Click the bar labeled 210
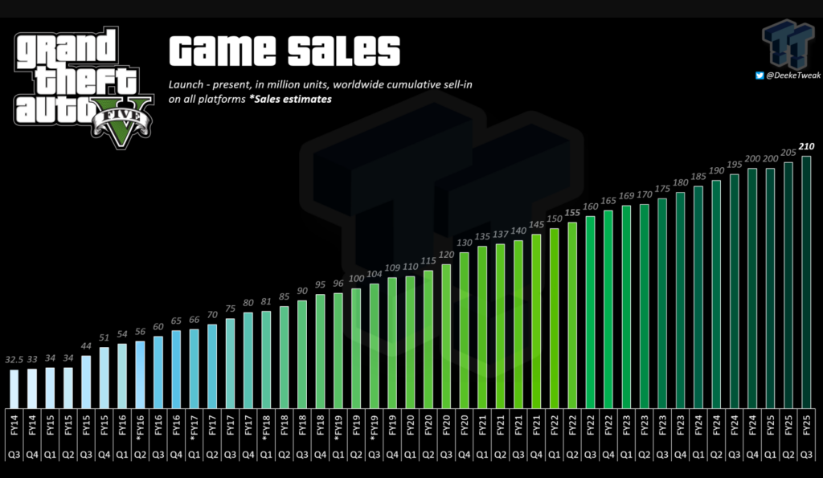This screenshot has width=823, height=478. click(806, 282)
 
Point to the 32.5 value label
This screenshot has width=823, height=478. click(14, 359)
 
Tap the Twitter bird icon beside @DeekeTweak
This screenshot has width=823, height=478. click(760, 76)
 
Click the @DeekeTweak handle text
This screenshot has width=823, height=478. click(793, 76)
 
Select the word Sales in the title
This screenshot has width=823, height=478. click(344, 51)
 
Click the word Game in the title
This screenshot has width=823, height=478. click(223, 51)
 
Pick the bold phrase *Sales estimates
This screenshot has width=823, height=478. click(290, 99)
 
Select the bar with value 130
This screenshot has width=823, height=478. click(464, 330)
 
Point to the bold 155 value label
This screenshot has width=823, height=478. click(572, 213)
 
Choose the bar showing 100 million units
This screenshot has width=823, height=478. click(356, 349)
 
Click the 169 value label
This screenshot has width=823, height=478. click(626, 196)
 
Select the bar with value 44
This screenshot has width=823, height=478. click(86, 382)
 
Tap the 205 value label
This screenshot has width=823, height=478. click(788, 153)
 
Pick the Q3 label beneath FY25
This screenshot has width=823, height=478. click(806, 455)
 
